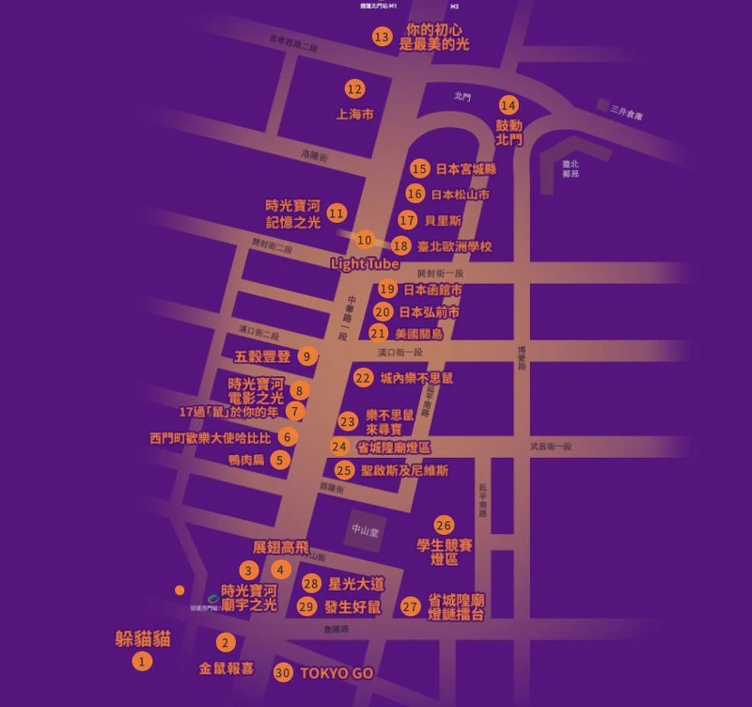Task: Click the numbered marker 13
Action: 382,38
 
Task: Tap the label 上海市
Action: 355,115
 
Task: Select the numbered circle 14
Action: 509,105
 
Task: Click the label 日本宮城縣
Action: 465,169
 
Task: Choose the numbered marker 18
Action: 401,246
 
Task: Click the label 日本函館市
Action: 432,291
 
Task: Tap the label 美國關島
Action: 419,334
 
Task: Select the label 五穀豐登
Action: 262,357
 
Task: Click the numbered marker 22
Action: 364,378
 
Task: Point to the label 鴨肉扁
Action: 247,461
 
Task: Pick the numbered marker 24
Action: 339,447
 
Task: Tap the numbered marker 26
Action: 444,525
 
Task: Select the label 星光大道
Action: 356,583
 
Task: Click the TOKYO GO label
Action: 337,673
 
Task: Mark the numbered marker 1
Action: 142,662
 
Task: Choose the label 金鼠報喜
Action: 227,668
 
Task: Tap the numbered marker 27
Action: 410,606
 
